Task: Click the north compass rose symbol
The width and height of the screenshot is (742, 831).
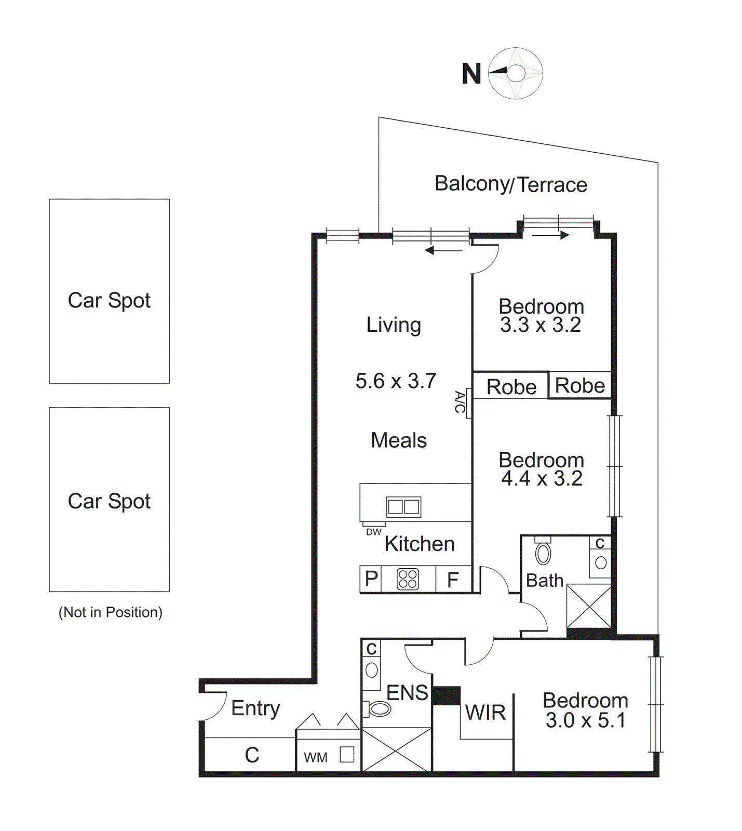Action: point(516,73)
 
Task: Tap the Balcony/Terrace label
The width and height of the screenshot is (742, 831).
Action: point(510,184)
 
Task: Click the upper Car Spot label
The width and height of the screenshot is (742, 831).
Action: point(109,300)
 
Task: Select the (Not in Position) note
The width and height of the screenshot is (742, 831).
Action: point(110,612)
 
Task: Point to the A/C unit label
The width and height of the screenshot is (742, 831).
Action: point(460,402)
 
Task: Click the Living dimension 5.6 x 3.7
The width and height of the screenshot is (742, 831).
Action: point(396,381)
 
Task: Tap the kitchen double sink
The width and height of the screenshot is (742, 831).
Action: point(403,506)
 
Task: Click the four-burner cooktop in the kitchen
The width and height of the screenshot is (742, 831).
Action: point(408,579)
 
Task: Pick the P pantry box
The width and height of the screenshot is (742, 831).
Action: point(371,579)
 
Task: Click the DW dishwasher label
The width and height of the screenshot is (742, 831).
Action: point(373,532)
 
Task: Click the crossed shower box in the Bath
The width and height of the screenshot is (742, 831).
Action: point(588,606)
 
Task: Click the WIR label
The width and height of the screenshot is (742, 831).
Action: point(485,713)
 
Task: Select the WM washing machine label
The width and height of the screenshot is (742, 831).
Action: point(316,758)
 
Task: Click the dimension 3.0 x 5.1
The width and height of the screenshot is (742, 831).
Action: point(585,720)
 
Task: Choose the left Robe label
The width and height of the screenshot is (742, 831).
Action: point(511,387)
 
